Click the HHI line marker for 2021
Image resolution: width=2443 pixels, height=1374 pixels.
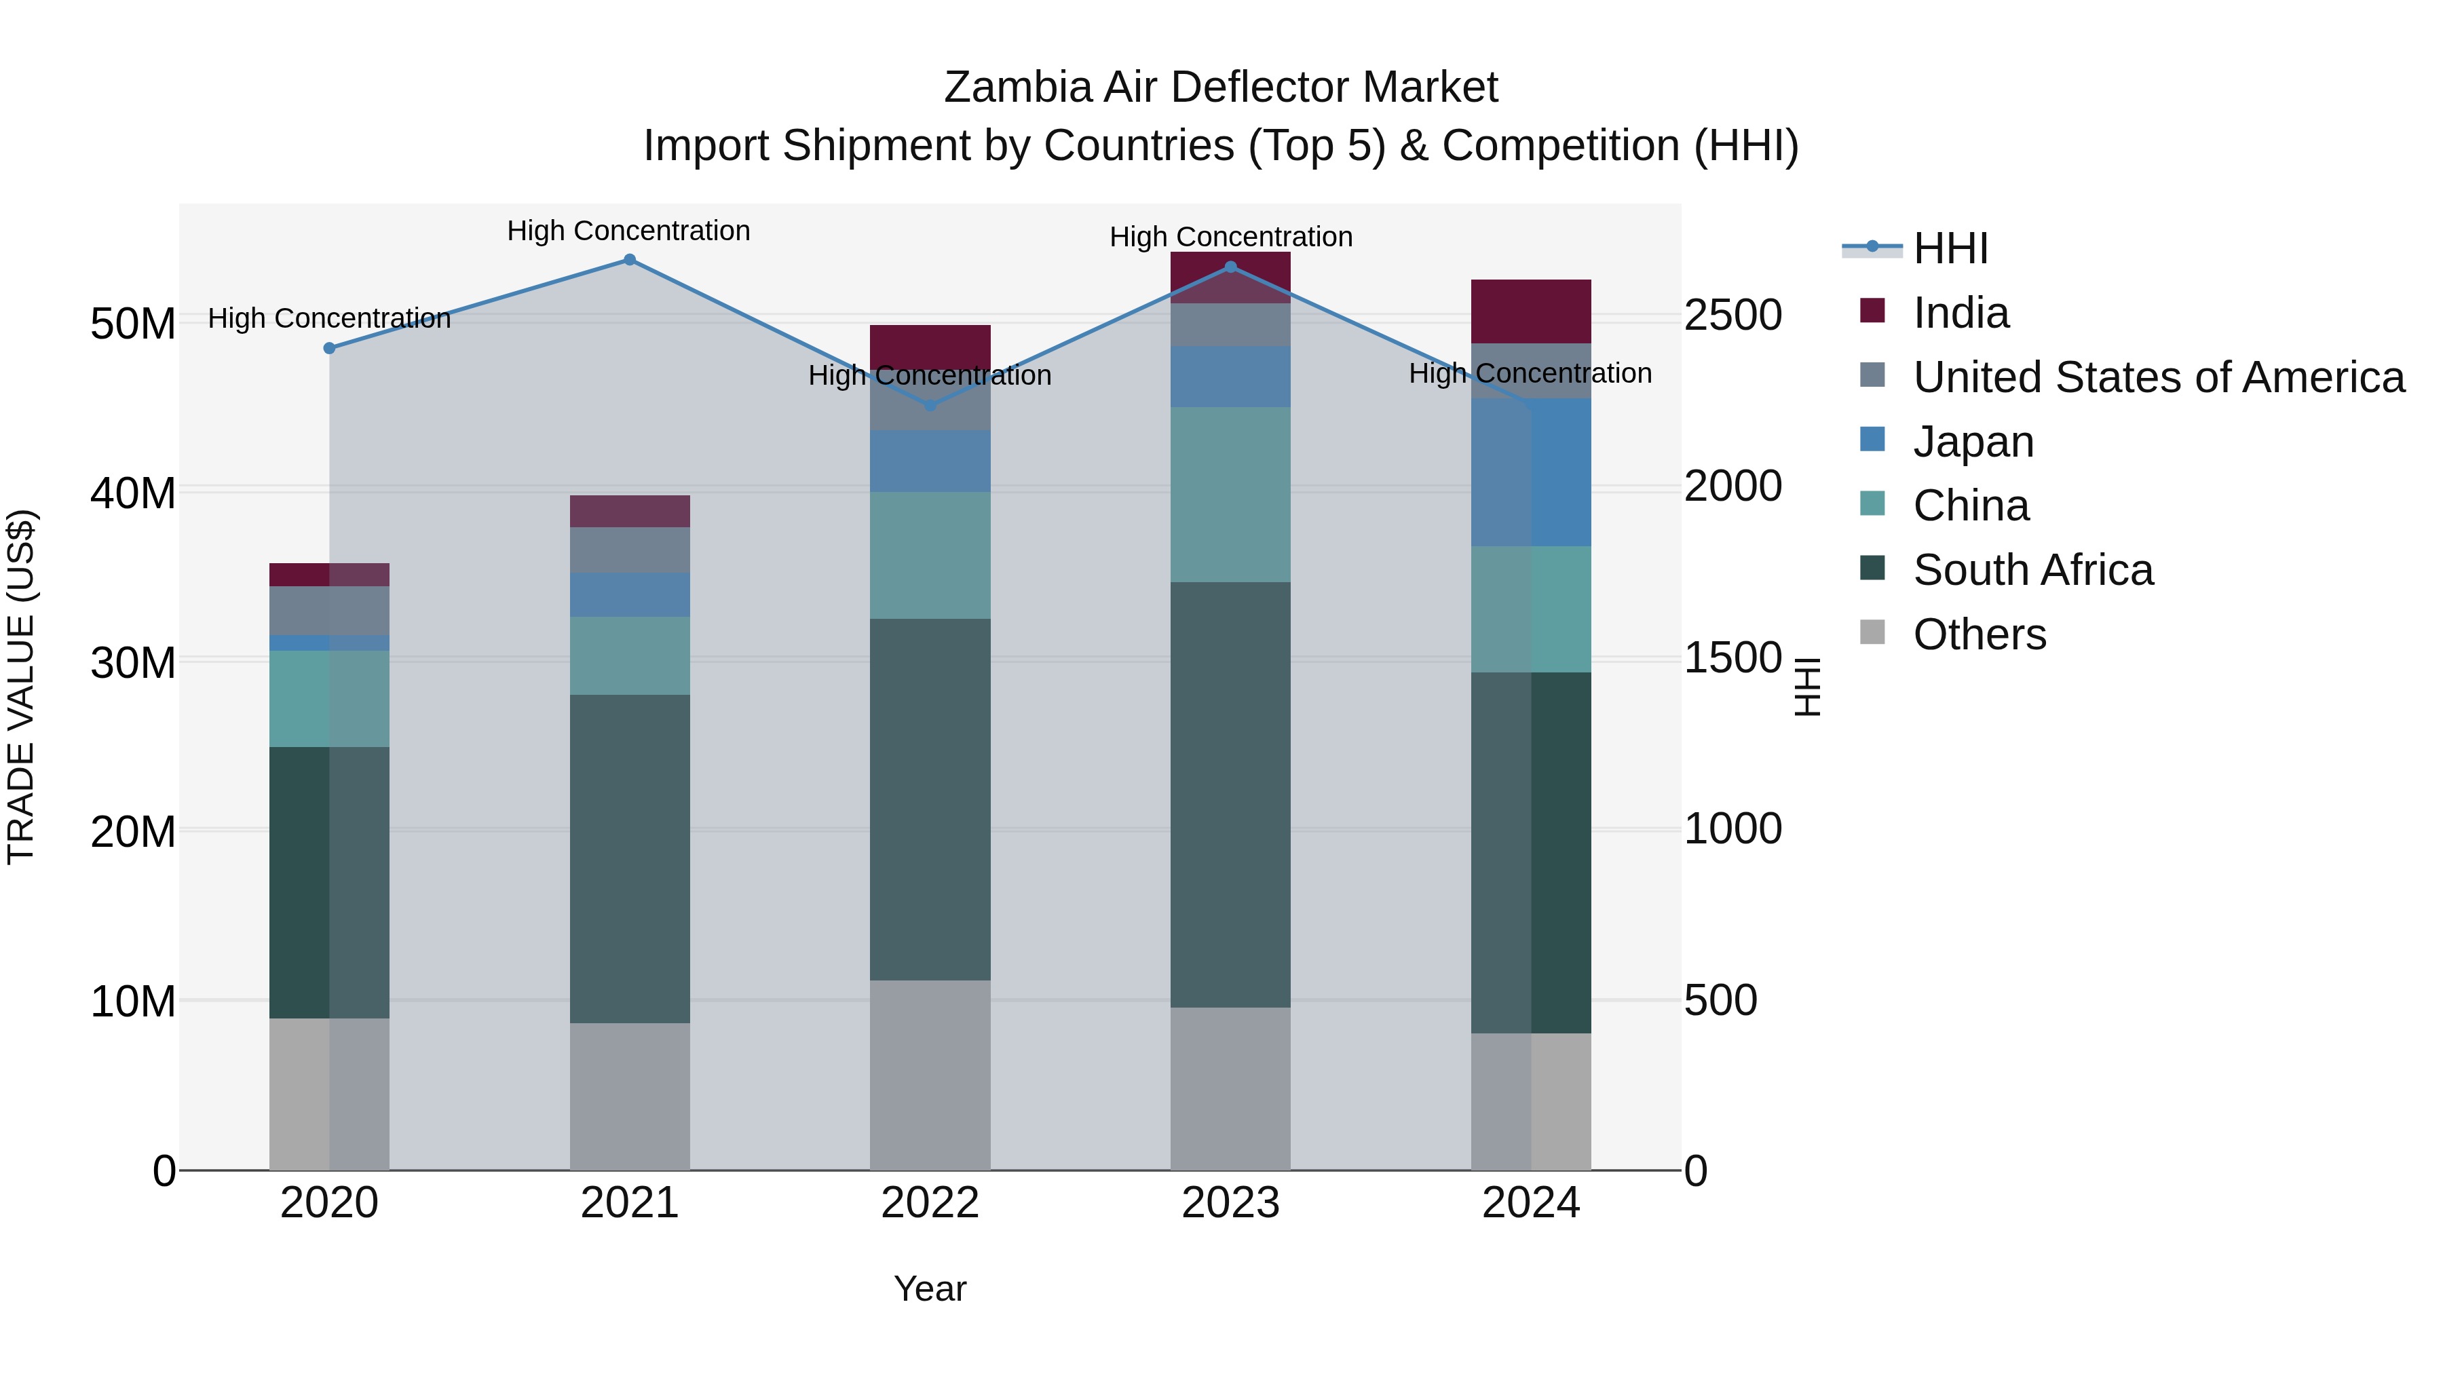[x=630, y=260]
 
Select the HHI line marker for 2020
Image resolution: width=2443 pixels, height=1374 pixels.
[x=329, y=348]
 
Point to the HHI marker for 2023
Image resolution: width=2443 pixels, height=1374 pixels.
[x=1231, y=267]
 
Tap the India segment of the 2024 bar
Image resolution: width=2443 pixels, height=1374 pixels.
[x=1531, y=311]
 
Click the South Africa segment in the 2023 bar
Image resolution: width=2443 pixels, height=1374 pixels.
[x=1230, y=795]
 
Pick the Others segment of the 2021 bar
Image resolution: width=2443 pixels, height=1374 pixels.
[x=630, y=1096]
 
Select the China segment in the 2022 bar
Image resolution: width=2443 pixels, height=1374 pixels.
[x=930, y=556]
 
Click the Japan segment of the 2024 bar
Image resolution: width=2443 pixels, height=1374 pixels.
[x=1531, y=472]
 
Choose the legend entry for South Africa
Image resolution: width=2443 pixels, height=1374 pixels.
[x=2032, y=570]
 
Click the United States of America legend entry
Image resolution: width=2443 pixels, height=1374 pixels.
[x=2157, y=377]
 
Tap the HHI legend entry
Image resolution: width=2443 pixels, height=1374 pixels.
[x=1950, y=248]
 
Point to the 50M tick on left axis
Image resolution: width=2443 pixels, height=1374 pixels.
[x=133, y=324]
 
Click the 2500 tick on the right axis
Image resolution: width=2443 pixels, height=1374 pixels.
[x=1732, y=315]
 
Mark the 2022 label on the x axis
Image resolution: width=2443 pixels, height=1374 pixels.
[x=930, y=1203]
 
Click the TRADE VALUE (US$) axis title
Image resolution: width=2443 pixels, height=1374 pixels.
[x=21, y=687]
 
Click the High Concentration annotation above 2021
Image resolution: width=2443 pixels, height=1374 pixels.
[x=629, y=231]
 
